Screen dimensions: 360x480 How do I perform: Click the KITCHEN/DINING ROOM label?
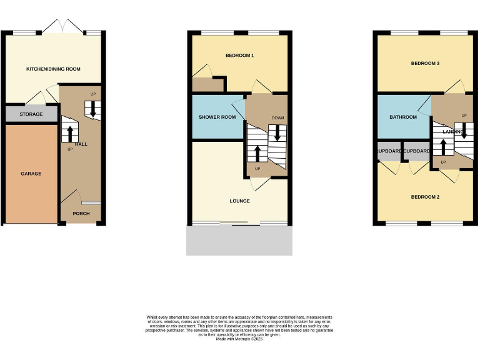click(x=53, y=69)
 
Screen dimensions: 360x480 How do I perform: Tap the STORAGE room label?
click(x=31, y=114)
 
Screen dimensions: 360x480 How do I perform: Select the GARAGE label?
click(x=31, y=174)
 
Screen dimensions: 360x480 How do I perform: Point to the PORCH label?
click(x=81, y=214)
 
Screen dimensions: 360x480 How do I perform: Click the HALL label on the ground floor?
click(x=81, y=144)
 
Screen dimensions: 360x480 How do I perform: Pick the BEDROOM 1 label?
click(x=239, y=56)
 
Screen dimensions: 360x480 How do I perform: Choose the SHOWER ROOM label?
click(x=217, y=117)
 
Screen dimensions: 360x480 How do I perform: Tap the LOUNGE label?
click(x=239, y=201)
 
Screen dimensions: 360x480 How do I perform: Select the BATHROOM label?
click(x=403, y=117)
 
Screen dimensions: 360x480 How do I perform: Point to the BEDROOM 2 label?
click(x=425, y=197)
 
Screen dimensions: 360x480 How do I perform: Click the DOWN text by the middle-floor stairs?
click(x=277, y=117)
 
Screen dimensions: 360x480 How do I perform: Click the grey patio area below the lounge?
click(x=239, y=241)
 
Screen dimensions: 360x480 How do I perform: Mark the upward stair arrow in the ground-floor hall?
click(x=69, y=133)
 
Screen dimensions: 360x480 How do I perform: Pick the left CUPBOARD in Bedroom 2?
click(x=389, y=151)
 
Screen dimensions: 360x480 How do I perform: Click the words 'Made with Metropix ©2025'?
click(x=239, y=339)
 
